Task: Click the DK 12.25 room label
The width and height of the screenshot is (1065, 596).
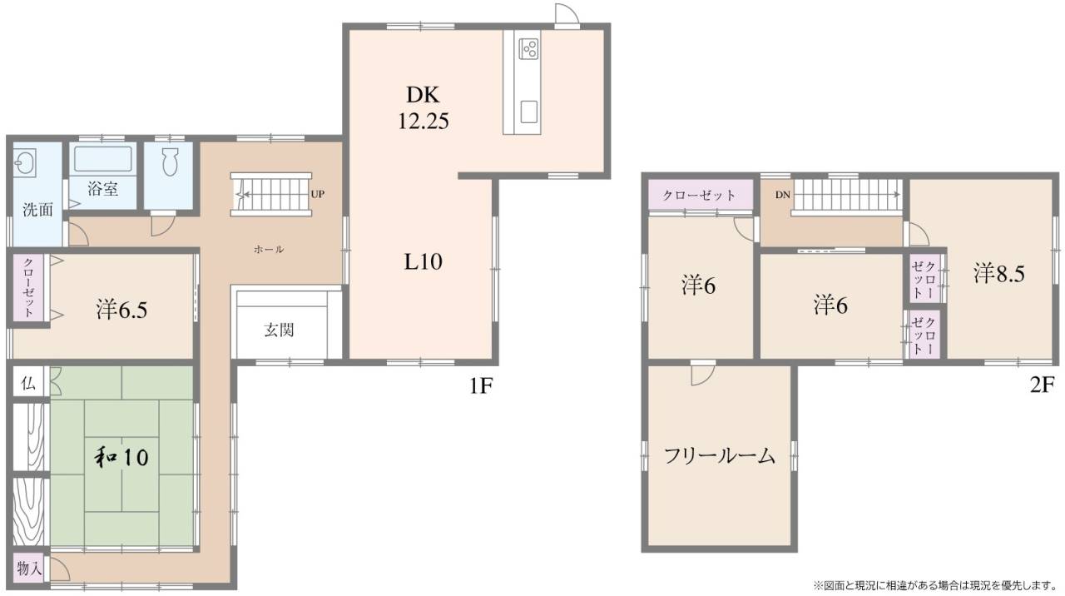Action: click(x=424, y=108)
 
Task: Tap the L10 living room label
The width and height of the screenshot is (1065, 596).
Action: click(x=424, y=261)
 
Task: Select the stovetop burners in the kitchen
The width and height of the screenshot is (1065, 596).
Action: click(x=528, y=48)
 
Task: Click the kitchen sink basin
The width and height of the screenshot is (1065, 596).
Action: click(x=528, y=112)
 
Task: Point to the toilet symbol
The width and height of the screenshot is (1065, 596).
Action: click(x=170, y=161)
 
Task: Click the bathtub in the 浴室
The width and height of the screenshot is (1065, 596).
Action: click(x=102, y=158)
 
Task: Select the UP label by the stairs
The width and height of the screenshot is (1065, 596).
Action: click(x=318, y=195)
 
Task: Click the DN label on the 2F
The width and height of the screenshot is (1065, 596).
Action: click(x=782, y=195)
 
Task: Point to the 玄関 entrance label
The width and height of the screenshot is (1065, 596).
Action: click(x=279, y=330)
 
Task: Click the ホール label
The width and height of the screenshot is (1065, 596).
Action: click(x=269, y=249)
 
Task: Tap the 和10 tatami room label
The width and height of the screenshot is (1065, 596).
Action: click(x=121, y=457)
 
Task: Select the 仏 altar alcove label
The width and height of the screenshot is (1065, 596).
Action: click(x=28, y=384)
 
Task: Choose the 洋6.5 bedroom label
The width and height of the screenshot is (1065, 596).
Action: click(x=121, y=310)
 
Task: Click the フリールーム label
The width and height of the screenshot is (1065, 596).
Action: click(x=720, y=456)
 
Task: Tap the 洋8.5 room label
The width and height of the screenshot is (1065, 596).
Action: click(x=999, y=274)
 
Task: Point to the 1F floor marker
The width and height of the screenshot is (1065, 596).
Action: click(x=480, y=386)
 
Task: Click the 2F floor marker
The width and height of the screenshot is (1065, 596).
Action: click(x=1043, y=385)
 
